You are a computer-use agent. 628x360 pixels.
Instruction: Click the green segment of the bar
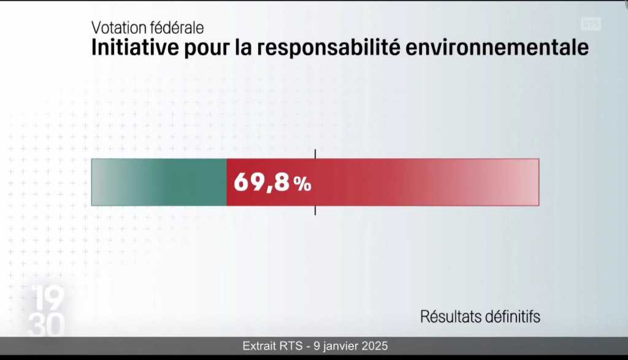click(x=159, y=182)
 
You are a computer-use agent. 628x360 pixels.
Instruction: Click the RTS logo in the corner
click(x=591, y=24)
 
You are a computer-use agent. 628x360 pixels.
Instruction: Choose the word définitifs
click(x=514, y=316)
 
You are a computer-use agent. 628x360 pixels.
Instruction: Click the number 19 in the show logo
click(x=45, y=299)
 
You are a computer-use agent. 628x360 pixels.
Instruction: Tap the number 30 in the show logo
click(x=45, y=325)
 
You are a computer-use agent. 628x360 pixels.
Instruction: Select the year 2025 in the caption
click(x=375, y=346)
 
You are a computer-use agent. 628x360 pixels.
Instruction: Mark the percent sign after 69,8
click(x=302, y=185)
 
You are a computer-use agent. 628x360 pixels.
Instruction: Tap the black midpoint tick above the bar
click(x=315, y=153)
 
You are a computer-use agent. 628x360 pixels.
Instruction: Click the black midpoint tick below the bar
click(x=315, y=210)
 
